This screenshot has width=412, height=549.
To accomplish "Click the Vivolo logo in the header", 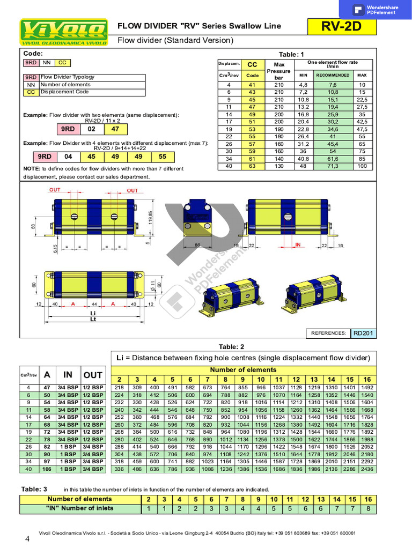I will point(63,32).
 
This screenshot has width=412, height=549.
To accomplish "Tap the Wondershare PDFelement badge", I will point(376,10).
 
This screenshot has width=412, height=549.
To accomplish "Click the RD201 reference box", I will point(364,333).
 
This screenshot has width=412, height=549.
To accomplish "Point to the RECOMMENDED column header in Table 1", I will point(332,75).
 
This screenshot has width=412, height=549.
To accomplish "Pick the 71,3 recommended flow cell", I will point(332,167).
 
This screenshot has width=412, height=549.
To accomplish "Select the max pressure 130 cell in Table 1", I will point(279,167).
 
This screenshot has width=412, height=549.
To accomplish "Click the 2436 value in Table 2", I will point(367,470).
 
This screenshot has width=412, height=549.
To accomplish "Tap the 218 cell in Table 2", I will point(119,388).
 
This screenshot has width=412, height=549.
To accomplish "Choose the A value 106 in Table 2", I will point(47,470).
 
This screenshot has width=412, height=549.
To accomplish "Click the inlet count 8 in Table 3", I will point(367,508).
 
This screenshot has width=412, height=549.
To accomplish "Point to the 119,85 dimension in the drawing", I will point(151,218).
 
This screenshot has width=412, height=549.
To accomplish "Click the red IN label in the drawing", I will point(299,244).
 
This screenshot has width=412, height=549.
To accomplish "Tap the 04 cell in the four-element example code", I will point(68,157).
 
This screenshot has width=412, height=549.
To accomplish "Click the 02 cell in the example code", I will point(92,129).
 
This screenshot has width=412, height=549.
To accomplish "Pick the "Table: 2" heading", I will point(231,346).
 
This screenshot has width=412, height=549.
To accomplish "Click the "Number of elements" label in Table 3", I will point(79,499).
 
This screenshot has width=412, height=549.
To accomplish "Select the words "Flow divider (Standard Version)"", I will point(175,40).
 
